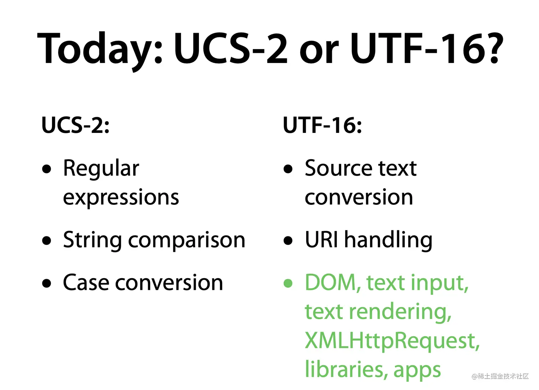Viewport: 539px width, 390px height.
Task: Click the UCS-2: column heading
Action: tap(76, 125)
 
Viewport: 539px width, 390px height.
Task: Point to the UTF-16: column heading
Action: tap(322, 125)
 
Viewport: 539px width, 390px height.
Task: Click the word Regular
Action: tap(101, 169)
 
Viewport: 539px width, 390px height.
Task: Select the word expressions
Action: tap(121, 198)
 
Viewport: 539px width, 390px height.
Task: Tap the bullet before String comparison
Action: tap(46, 240)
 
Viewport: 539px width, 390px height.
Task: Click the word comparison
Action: tap(187, 241)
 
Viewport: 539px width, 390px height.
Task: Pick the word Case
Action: tap(86, 283)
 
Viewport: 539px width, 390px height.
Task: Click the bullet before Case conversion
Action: tap(46, 283)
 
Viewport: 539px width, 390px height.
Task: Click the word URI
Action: tap(321, 239)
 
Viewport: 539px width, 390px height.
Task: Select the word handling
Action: tap(388, 241)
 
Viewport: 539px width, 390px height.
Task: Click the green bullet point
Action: tap(288, 283)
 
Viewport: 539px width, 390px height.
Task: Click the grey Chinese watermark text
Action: tap(500, 376)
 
